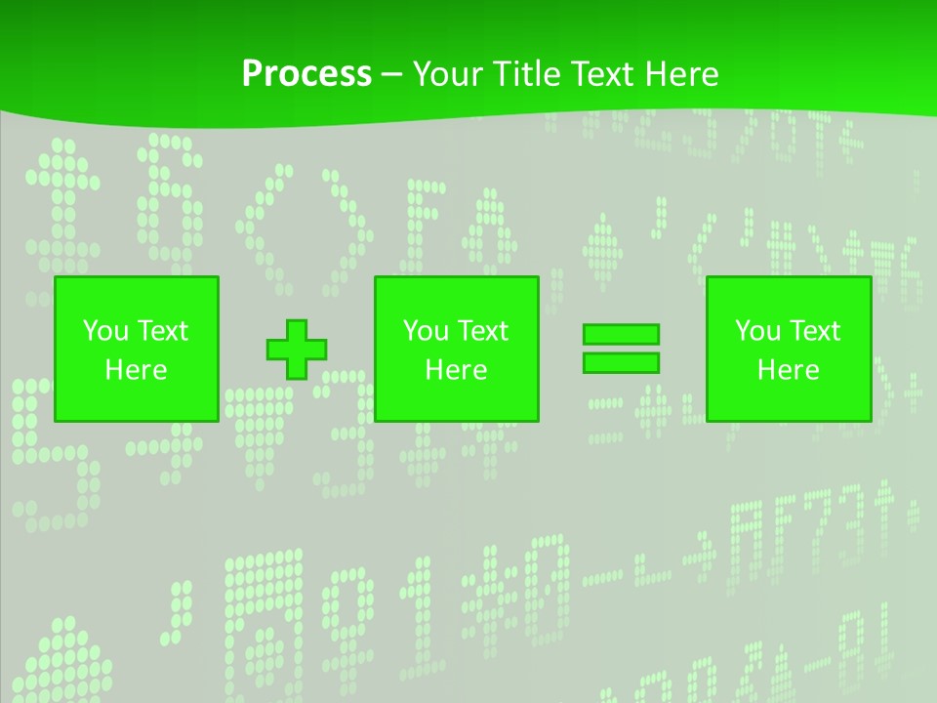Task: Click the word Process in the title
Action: coord(306,74)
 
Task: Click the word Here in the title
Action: coord(683,74)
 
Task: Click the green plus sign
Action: coord(297,350)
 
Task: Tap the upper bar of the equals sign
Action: coord(621,334)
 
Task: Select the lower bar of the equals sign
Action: coord(621,362)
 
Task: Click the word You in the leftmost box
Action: coord(104,331)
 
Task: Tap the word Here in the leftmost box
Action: coord(136,370)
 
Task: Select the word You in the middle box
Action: coord(425,331)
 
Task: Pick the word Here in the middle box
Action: coord(456,370)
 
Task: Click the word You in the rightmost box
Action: coord(756,331)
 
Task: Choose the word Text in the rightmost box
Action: coord(813,331)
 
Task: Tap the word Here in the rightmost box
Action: coord(788,370)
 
